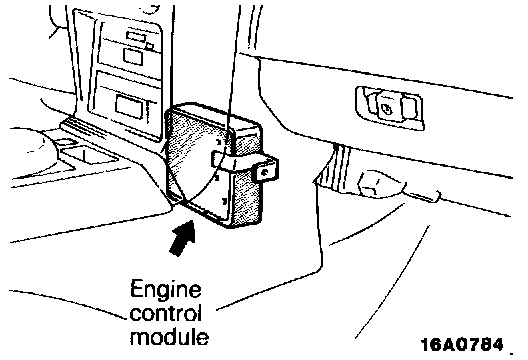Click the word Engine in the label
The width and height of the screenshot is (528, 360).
[x=166, y=290]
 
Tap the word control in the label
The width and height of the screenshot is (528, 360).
[x=166, y=313]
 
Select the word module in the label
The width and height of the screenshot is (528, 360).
[x=169, y=335]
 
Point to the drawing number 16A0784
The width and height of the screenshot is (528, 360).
[x=462, y=345]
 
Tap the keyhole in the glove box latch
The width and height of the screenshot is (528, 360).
[x=386, y=108]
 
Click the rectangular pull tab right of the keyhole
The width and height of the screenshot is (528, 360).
[x=409, y=107]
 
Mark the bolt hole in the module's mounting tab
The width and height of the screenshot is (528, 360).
[x=265, y=172]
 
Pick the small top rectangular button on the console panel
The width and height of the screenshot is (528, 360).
[x=136, y=36]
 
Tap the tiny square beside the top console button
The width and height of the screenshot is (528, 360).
[x=150, y=46]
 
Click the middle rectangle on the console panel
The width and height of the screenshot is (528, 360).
[x=133, y=57]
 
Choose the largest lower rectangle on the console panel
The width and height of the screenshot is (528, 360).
[x=129, y=106]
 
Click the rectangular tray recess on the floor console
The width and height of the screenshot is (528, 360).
[x=88, y=155]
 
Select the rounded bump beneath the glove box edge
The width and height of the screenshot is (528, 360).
[x=381, y=184]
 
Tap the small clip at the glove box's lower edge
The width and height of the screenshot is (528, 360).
[x=424, y=196]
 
